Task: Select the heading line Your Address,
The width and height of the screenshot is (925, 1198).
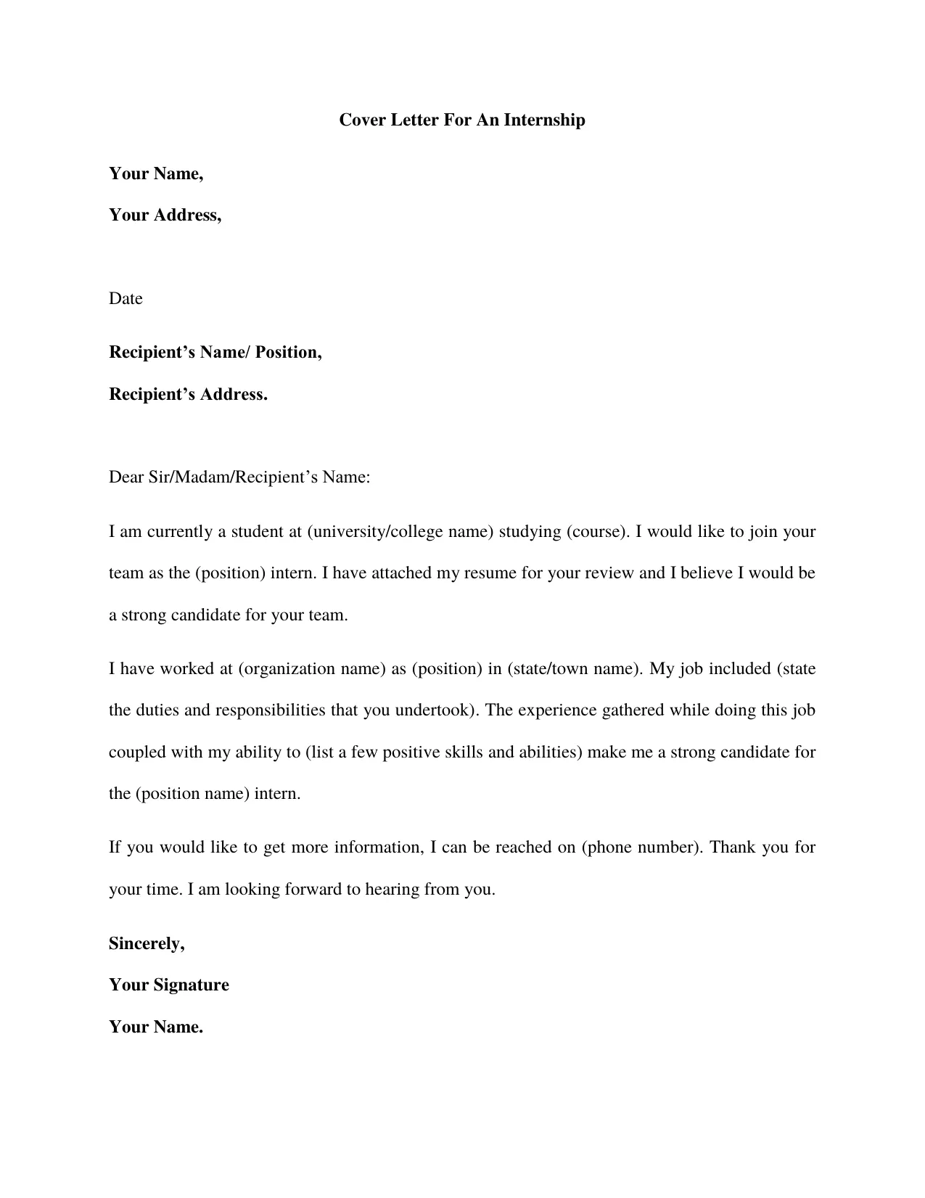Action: click(165, 215)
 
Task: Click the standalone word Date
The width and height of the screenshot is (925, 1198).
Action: click(126, 299)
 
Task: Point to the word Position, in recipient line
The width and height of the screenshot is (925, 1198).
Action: click(288, 352)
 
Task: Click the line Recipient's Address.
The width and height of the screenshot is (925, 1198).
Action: click(188, 394)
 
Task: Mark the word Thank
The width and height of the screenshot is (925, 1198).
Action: click(733, 847)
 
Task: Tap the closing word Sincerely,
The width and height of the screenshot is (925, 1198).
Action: click(147, 943)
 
